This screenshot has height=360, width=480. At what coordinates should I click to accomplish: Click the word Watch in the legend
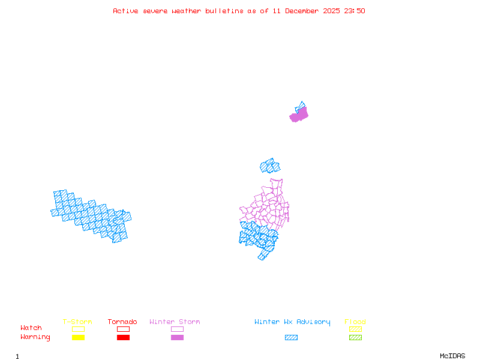(31, 328)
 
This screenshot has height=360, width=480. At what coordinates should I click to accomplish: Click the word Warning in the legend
(35, 337)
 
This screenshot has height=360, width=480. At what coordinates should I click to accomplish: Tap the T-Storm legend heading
(77, 322)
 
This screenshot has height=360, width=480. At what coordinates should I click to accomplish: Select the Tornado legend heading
(122, 322)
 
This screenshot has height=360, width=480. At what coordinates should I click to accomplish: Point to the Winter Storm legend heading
(175, 322)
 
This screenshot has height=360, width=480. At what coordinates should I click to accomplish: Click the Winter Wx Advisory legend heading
(292, 322)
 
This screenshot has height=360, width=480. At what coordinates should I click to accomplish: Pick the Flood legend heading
(355, 322)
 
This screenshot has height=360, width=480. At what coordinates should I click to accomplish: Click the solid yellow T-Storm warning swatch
(78, 338)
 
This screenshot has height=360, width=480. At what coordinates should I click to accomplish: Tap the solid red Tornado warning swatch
(123, 338)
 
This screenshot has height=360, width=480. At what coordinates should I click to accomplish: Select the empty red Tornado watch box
(123, 329)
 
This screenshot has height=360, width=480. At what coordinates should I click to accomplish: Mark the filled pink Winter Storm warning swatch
(177, 338)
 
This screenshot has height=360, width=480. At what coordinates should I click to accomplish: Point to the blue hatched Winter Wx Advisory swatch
(291, 338)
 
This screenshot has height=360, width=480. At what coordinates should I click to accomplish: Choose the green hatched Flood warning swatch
(355, 338)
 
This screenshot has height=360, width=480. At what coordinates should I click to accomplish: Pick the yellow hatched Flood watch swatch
(355, 329)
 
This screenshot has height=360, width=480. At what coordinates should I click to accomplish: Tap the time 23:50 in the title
(353, 11)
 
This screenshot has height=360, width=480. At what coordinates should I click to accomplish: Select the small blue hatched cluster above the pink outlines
(270, 166)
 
